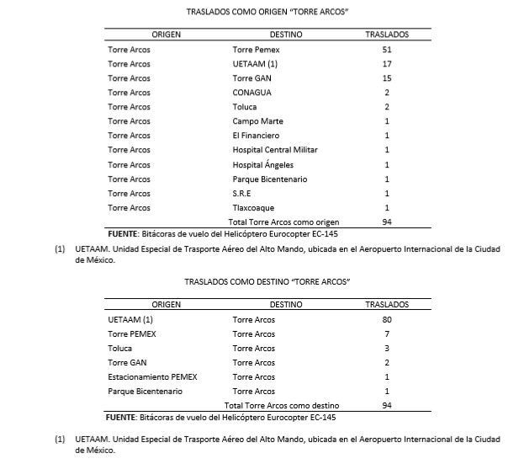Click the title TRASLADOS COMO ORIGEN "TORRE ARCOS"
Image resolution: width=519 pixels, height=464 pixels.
tap(259, 13)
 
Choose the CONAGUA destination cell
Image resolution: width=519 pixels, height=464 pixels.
tap(252, 92)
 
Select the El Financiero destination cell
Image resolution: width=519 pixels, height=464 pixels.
tap(256, 136)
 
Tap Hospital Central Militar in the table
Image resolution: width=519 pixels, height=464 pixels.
tap(275, 150)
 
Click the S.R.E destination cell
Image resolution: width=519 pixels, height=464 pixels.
tap(242, 193)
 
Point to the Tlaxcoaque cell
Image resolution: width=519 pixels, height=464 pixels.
tap(253, 207)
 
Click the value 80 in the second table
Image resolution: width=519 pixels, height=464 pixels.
tap(386, 320)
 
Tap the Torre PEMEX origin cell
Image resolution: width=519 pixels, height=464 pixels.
tap(133, 334)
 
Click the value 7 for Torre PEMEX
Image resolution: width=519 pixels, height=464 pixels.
tap(386, 334)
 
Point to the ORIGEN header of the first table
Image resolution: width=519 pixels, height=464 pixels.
tap(166, 35)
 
